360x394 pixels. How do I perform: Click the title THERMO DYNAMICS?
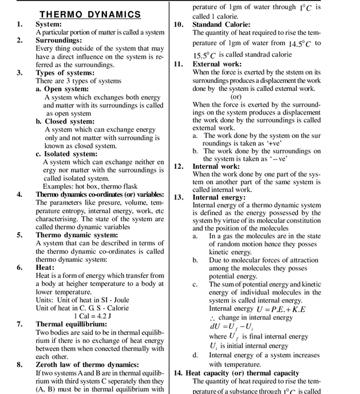click(89, 14)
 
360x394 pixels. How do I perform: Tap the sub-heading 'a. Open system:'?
click(65, 89)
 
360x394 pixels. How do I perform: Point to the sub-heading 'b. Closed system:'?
click(68, 121)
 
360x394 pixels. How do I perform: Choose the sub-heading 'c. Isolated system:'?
click(69, 154)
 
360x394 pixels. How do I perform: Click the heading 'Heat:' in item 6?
click(45, 267)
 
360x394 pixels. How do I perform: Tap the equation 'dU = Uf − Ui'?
click(233, 327)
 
